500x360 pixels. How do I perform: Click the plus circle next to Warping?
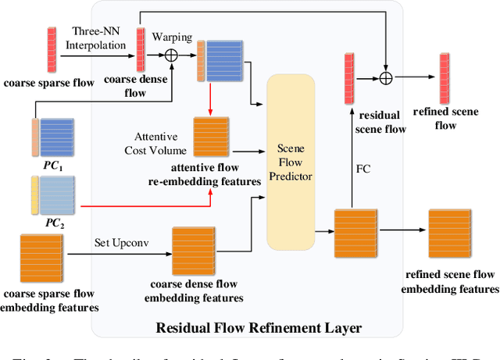168,54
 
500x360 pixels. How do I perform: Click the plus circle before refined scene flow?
384,77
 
